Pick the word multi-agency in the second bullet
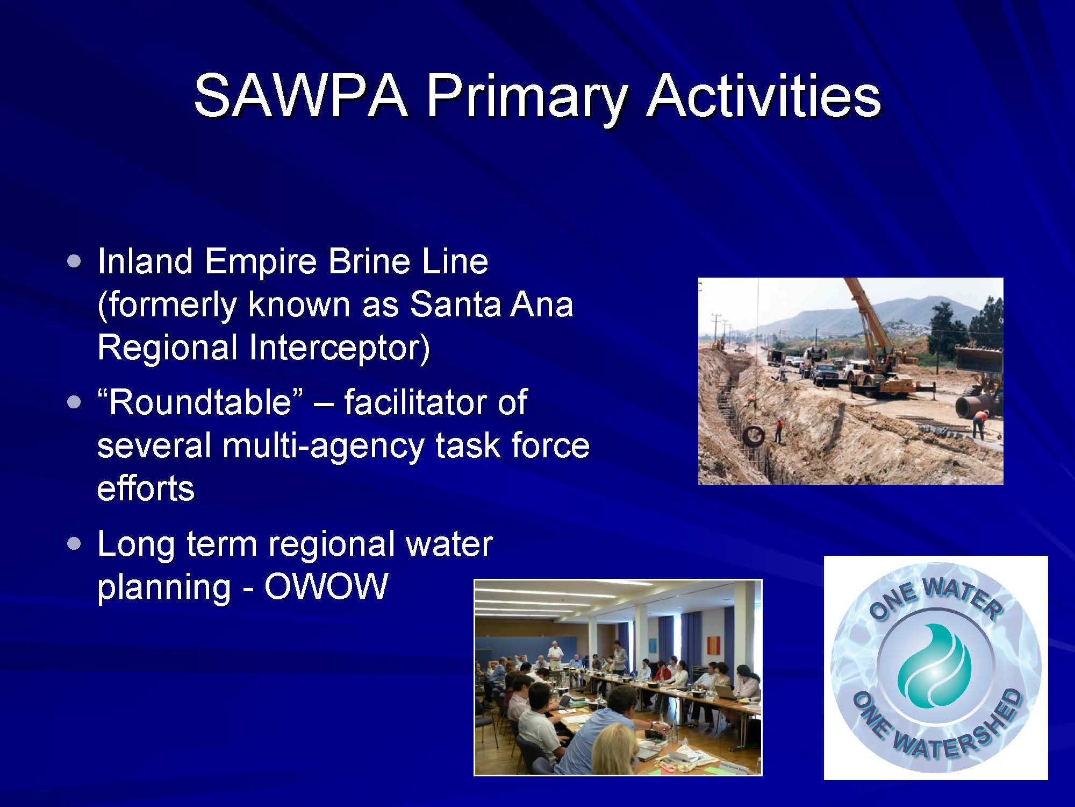pos(323,447)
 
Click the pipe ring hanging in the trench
pos(753,435)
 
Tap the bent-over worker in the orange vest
pos(980,423)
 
